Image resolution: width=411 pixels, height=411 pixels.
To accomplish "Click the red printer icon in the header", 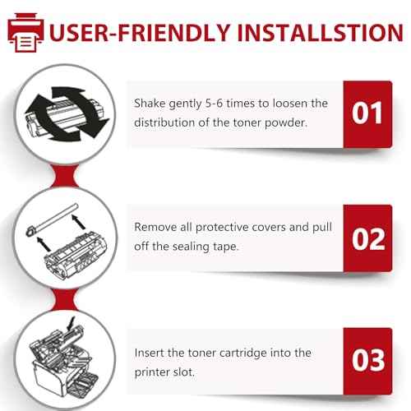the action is tap(25, 32).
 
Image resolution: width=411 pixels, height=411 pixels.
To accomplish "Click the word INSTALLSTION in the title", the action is tap(320, 33).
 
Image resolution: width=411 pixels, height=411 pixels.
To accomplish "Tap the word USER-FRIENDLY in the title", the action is tap(140, 33).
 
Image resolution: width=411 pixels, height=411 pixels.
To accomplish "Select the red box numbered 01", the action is tap(367, 114).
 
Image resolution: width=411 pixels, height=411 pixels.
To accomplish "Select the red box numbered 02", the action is tap(367, 238).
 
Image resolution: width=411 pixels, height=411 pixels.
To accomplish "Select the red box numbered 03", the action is tap(367, 361).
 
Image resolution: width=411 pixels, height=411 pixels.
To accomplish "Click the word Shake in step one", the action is tap(150, 104).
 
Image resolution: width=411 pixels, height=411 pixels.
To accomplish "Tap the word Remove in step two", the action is tap(155, 227).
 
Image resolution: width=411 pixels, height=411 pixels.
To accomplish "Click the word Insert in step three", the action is tap(150, 353).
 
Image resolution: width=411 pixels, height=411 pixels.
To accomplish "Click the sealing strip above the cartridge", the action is tap(52, 220).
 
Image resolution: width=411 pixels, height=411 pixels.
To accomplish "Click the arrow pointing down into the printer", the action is tap(71, 324).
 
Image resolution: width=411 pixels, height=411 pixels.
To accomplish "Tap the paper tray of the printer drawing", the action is tap(81, 384).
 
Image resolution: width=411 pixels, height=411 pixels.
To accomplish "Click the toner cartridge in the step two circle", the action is tap(76, 254).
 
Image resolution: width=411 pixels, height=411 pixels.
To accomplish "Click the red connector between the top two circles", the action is tap(65, 176).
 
